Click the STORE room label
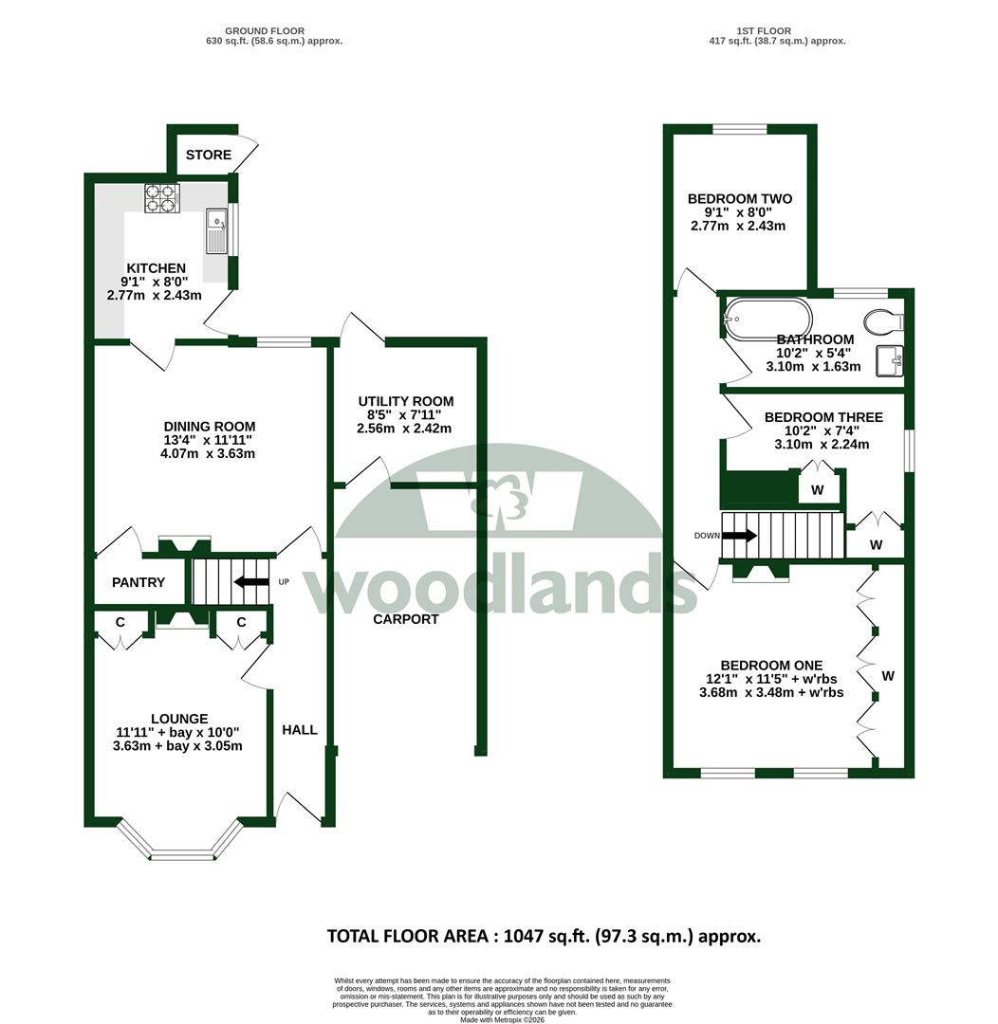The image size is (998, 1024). tap(209, 155)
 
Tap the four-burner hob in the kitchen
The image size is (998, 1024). tap(162, 198)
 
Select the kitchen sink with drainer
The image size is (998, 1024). tap(215, 230)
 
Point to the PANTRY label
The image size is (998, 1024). tap(139, 582)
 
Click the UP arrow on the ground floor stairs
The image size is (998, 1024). tap(251, 581)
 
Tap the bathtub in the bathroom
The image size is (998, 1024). tap(767, 320)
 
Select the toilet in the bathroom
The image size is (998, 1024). tap(883, 321)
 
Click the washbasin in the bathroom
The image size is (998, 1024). tap(890, 361)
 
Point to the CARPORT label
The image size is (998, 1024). tap(406, 619)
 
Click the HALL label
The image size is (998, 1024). tap(300, 730)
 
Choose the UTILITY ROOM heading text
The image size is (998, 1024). tap(406, 402)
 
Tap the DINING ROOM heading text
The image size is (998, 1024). tap(209, 427)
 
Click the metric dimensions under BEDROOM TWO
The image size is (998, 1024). tap(738, 226)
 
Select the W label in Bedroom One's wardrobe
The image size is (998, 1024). tap(888, 676)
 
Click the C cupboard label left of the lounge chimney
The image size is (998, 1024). tap(120, 622)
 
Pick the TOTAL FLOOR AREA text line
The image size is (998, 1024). tap(544, 937)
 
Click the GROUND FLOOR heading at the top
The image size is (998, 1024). tap(265, 30)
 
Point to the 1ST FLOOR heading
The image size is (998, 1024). tap(764, 30)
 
